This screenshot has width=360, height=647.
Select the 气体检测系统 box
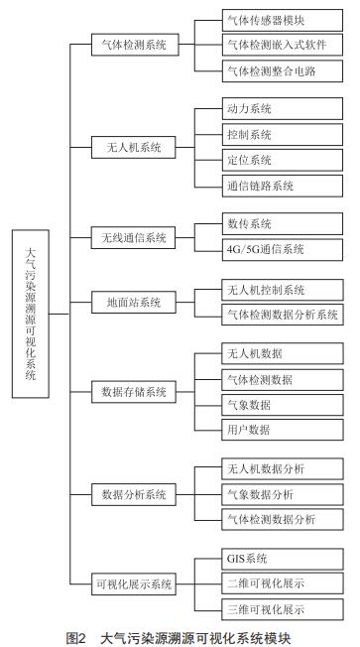coord(133,45)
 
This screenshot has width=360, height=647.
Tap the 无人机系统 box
coord(133,146)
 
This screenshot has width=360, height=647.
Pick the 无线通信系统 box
coord(133,237)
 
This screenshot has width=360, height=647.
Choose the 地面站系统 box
coord(133,301)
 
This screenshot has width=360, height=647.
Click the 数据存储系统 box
coord(133,391)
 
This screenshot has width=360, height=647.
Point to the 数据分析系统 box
coord(133,493)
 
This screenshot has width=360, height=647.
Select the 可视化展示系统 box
coord(133,583)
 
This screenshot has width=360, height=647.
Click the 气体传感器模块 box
coord(277,19)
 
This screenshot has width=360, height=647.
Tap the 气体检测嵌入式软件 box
coord(277,45)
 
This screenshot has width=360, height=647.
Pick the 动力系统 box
coord(277,108)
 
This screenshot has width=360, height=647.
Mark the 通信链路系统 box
coord(277,185)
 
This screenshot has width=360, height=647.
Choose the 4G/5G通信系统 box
coord(277,250)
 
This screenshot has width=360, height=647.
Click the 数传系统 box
coord(277,224)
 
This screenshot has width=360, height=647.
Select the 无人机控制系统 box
coord(277,289)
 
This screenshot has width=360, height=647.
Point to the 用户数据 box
coord(277,430)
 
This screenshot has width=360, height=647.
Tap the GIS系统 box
coord(277,558)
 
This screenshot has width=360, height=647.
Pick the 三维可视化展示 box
coord(277,609)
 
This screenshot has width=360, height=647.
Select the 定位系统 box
coord(277,159)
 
